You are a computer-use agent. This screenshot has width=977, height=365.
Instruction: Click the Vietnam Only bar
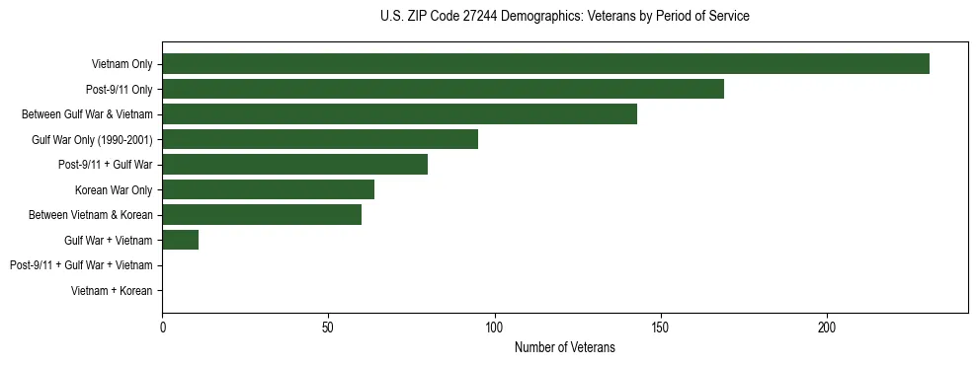pyautogui.click(x=545, y=64)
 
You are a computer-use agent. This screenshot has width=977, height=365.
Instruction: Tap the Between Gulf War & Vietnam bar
pyautogui.click(x=399, y=114)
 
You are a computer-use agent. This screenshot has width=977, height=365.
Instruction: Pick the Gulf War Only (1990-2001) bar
pyautogui.click(x=320, y=139)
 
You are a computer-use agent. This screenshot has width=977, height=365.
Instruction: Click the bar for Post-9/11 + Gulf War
pyautogui.click(x=294, y=165)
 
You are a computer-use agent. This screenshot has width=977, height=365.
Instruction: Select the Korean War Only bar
pyautogui.click(x=268, y=189)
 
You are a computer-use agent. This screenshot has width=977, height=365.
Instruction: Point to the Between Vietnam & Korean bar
pyautogui.click(x=262, y=215)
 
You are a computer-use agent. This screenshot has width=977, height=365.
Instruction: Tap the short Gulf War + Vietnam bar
pyautogui.click(x=180, y=240)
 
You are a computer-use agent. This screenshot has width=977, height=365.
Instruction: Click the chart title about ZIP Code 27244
pyautogui.click(x=564, y=17)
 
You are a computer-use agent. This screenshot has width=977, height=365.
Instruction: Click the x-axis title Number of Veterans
pyautogui.click(x=564, y=347)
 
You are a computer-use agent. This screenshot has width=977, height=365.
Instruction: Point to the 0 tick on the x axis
pyautogui.click(x=162, y=327)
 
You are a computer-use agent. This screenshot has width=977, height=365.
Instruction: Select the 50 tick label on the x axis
pyautogui.click(x=328, y=327)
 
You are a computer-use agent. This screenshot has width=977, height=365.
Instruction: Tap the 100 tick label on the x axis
pyautogui.click(x=494, y=327)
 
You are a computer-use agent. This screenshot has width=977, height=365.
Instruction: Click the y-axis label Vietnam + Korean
pyautogui.click(x=112, y=291)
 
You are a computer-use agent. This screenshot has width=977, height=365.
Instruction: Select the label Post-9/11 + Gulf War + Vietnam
pyautogui.click(x=81, y=265)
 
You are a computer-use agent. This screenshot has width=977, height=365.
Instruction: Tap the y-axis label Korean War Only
pyautogui.click(x=114, y=189)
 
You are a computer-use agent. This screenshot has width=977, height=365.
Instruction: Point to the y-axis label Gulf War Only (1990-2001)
pyautogui.click(x=92, y=139)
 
